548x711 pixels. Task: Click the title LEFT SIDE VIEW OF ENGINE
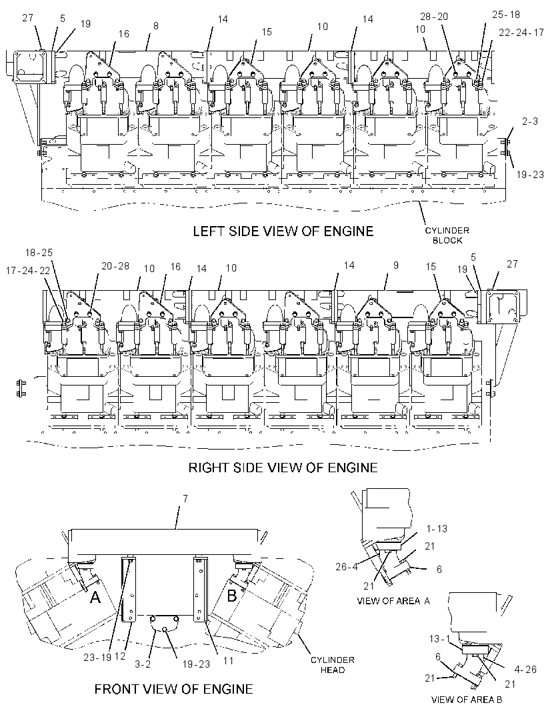pyautogui.click(x=283, y=231)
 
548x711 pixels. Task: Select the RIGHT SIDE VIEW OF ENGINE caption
pyautogui.click(x=283, y=468)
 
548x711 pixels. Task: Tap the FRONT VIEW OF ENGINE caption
pyautogui.click(x=173, y=689)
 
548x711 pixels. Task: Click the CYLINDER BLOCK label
pyautogui.click(x=447, y=235)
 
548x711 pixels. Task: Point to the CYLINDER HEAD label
pyautogui.click(x=333, y=665)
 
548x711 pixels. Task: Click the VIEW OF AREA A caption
pyautogui.click(x=393, y=601)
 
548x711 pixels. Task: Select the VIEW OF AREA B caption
pyautogui.click(x=467, y=700)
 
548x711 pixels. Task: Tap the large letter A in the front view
pyautogui.click(x=95, y=597)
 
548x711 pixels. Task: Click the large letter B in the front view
pyautogui.click(x=231, y=596)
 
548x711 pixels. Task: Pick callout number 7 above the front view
pyautogui.click(x=185, y=499)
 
